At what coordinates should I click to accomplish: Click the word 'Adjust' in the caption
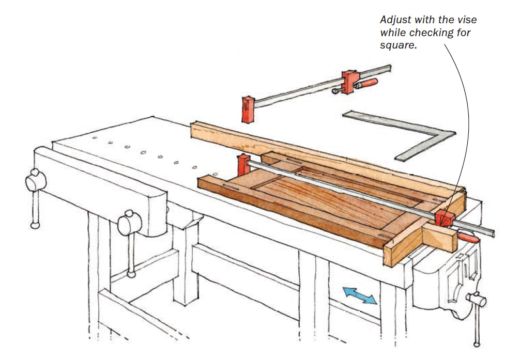coord(395,20)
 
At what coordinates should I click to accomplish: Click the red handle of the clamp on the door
coord(468,237)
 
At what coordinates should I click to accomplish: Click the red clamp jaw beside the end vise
coord(443,217)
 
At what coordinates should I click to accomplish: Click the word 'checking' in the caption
coord(427,33)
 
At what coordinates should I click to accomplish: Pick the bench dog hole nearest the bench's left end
coord(97,138)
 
